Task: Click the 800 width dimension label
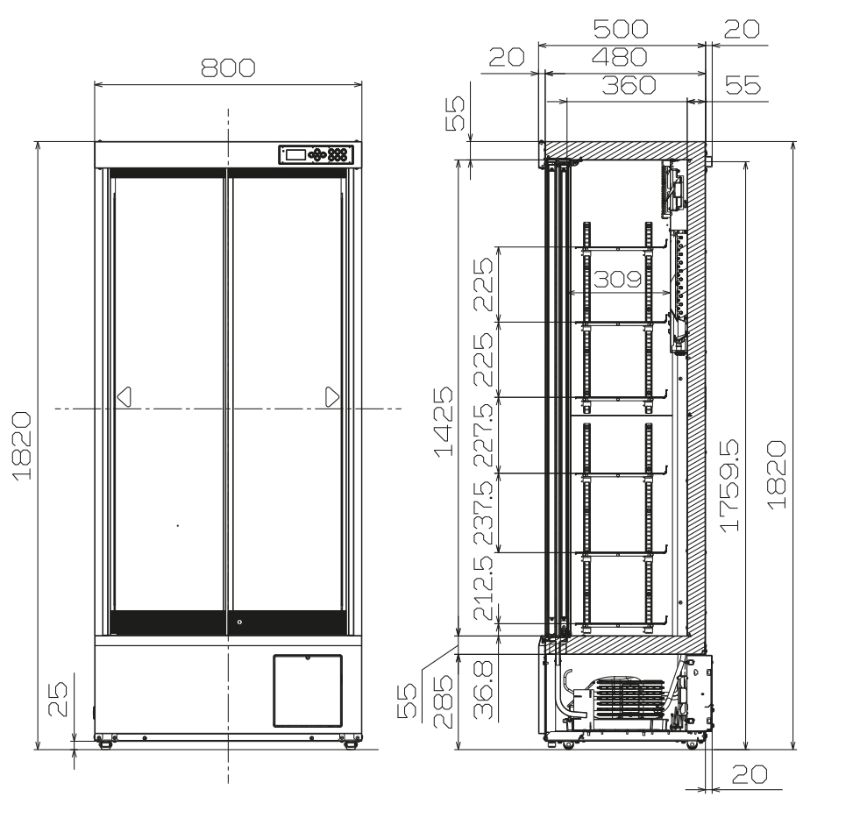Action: pos(228,68)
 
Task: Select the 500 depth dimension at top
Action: pos(621,29)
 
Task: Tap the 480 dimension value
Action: pos(620,57)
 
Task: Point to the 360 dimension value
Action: pos(629,85)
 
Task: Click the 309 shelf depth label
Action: pos(617,279)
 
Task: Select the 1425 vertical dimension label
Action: pos(444,422)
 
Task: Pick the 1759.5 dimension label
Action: pos(729,485)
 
